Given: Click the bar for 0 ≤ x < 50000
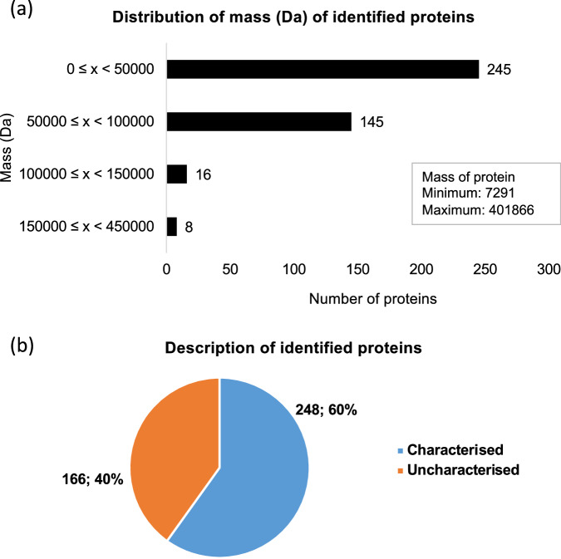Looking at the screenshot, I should point(322,69).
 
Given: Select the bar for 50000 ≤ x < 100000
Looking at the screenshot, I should point(258,122).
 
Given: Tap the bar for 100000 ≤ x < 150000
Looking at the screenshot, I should point(176,174).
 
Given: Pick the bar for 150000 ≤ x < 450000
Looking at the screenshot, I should point(171,226).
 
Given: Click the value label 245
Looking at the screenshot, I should point(499,69).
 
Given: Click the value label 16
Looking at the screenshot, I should point(203,174).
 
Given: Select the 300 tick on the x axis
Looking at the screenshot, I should point(549,270).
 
